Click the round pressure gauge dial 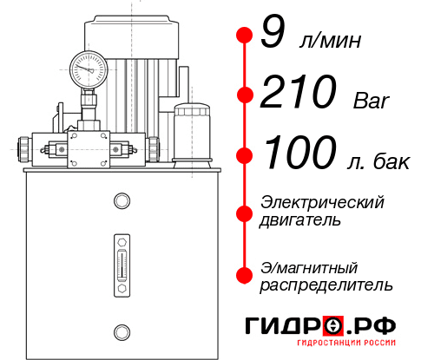click(x=88, y=67)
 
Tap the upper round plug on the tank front click(x=120, y=202)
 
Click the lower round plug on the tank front click(x=121, y=330)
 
